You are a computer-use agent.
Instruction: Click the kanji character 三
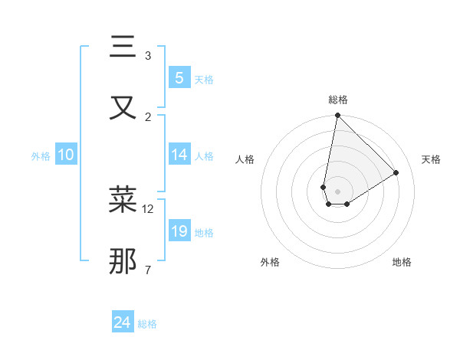point(123,47)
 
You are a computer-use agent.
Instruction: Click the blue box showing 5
point(179,78)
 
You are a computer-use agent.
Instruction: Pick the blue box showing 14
point(179,155)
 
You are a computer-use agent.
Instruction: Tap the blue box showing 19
point(179,231)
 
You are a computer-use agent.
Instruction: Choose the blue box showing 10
point(65,155)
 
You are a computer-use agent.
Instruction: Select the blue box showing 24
point(122,323)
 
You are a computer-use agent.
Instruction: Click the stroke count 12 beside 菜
point(148,208)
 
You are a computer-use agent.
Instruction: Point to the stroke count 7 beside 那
point(147,269)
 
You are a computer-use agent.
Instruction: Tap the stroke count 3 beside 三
point(147,56)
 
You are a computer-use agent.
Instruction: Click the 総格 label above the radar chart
point(337,100)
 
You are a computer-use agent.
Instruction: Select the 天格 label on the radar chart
point(431,159)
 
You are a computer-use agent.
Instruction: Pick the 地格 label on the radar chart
point(402,262)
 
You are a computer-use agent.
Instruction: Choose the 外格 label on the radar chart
point(270,262)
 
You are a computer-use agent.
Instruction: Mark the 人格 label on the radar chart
point(245,159)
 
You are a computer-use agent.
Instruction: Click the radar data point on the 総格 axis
point(337,116)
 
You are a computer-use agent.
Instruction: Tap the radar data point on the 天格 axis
point(396,172)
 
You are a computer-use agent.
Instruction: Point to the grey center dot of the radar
point(337,191)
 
